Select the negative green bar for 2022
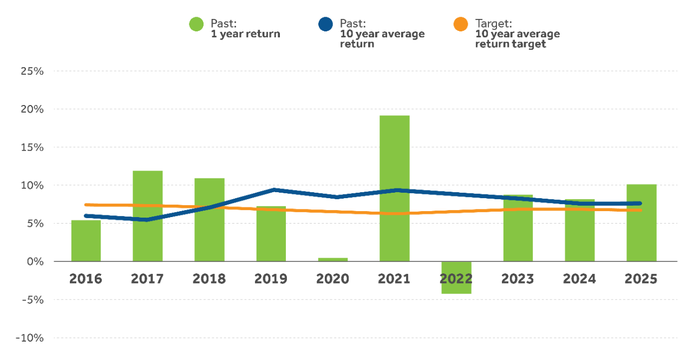[456, 278]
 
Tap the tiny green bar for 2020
[332, 259]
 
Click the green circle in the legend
[196, 24]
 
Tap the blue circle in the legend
[325, 24]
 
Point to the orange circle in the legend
[461, 24]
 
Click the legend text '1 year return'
[245, 34]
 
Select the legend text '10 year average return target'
[517, 39]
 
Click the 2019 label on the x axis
[271, 279]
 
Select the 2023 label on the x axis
[518, 279]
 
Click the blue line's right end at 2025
[639, 204]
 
